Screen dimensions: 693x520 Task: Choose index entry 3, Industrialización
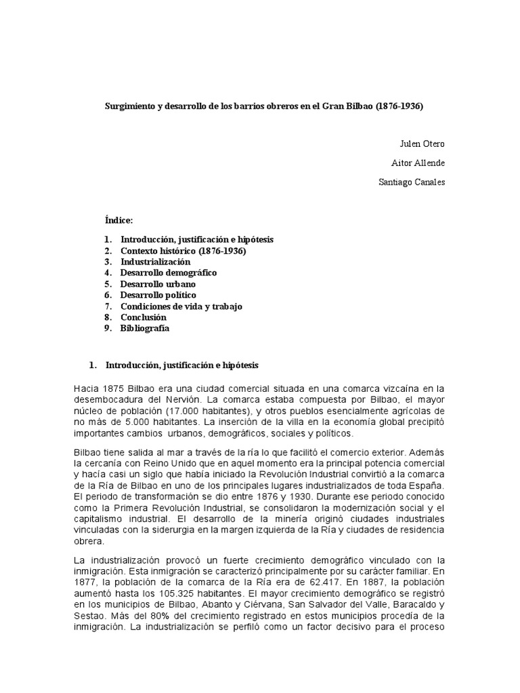click(155, 261)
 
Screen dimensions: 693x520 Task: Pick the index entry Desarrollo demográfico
click(168, 273)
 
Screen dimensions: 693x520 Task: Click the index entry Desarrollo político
click(158, 295)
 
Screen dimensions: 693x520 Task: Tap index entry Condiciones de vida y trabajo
click(181, 306)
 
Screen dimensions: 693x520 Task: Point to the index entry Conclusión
click(143, 317)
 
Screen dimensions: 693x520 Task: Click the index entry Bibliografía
click(144, 328)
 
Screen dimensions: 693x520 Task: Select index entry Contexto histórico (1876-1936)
click(183, 250)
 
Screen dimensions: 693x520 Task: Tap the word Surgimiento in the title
click(129, 107)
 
